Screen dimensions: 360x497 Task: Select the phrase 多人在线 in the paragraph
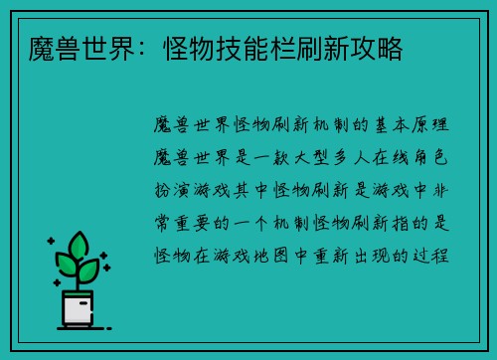tap(378, 155)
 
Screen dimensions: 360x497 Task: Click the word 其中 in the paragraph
tap(252, 188)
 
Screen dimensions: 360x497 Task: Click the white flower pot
tap(77, 309)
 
